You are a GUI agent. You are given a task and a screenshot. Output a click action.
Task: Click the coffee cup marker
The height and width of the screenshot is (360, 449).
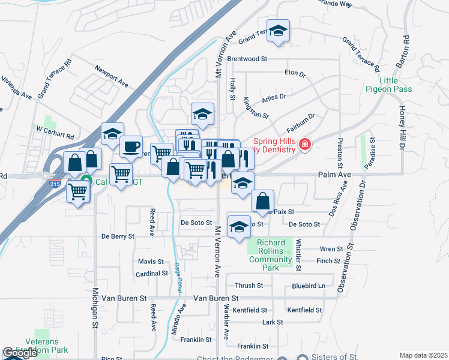[x=131, y=146]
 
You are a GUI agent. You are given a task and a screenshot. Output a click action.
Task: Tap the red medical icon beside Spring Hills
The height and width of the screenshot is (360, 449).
[x=305, y=145]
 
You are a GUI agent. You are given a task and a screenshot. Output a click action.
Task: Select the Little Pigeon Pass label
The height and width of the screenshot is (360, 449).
[x=388, y=85]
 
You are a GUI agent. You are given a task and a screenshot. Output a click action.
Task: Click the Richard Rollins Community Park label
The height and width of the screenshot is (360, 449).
[x=274, y=255]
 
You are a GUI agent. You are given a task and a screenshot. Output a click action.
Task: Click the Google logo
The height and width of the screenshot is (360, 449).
[x=20, y=353]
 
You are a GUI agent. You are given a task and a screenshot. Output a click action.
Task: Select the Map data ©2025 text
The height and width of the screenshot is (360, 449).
[x=423, y=355]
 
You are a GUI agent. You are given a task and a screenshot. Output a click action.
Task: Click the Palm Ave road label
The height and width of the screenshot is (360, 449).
[x=334, y=175]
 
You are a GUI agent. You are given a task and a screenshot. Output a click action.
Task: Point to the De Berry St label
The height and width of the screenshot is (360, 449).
[x=118, y=236]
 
